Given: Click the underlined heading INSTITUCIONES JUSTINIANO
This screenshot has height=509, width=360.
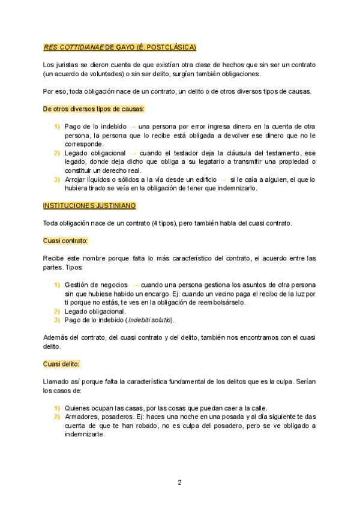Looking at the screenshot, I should point(89,206).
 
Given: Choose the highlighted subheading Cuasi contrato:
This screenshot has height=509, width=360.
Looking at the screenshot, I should point(65,241).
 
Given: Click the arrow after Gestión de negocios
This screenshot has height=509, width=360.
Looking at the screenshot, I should point(136,285).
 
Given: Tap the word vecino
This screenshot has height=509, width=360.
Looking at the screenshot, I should point(227,294).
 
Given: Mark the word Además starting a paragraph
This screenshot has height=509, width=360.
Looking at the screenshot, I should point(56,337).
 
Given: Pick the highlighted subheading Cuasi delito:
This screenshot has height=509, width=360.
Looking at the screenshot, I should point(61,364).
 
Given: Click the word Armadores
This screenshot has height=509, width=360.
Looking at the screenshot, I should point(82,417).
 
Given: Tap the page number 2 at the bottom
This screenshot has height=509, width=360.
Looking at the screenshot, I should point(179,482).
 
